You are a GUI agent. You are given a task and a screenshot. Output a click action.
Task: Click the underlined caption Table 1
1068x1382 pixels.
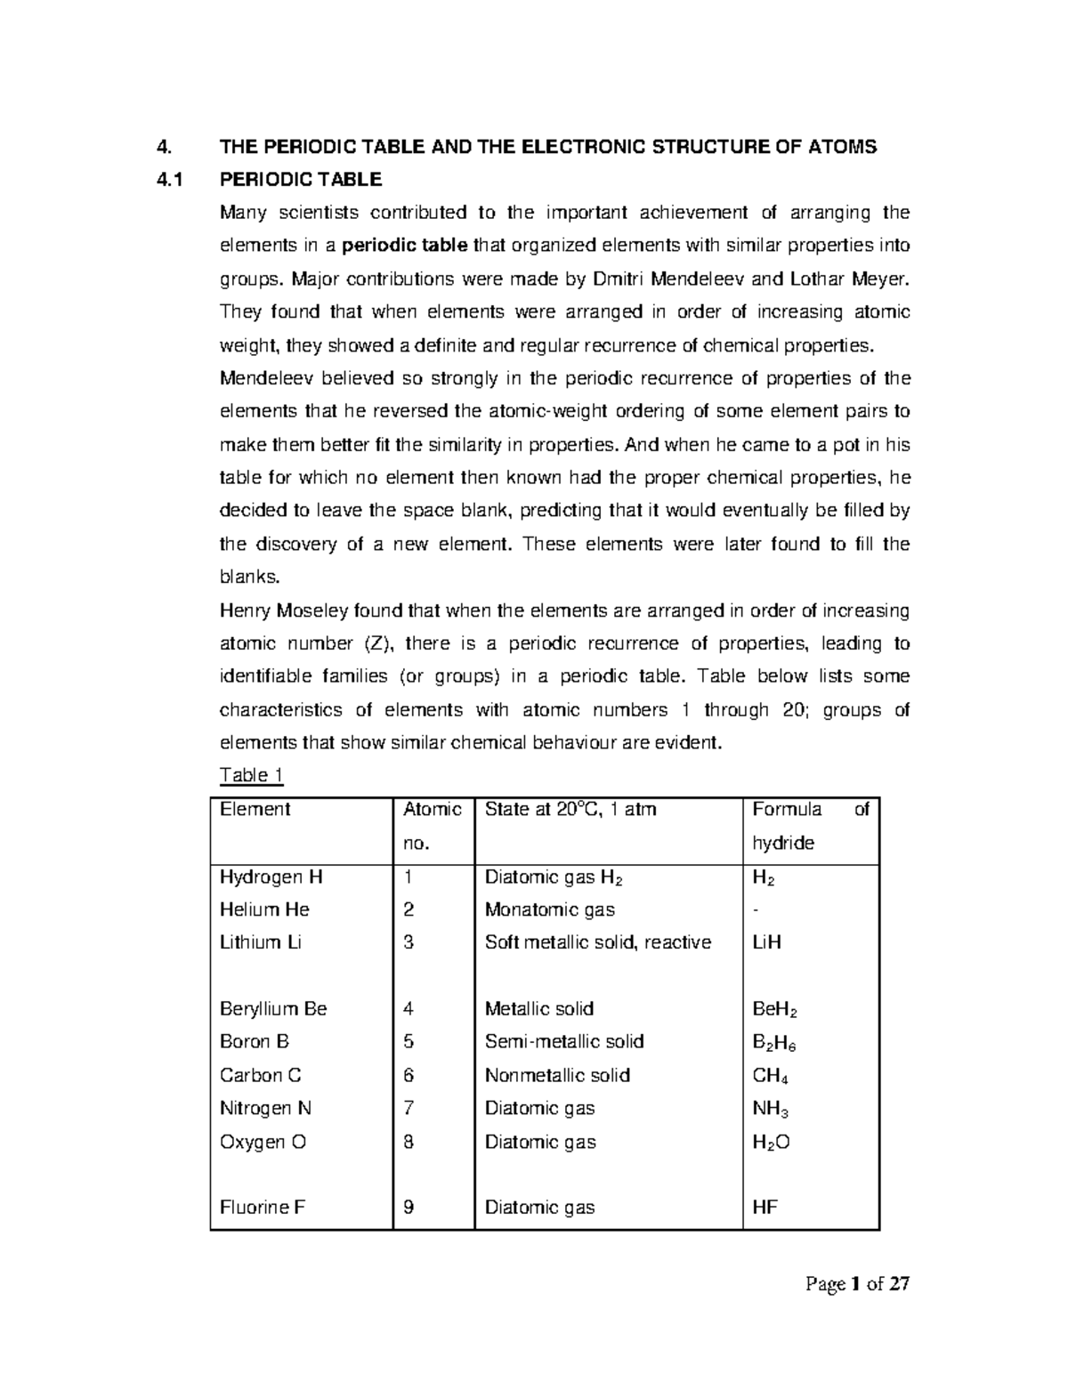[251, 775]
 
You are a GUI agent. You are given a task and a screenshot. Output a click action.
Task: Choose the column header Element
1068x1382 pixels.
[255, 809]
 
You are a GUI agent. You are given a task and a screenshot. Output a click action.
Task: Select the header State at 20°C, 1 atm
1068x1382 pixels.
[570, 809]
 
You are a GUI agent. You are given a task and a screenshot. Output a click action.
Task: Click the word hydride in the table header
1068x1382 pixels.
[783, 843]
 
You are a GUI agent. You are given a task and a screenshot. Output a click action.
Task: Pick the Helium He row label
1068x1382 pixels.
[264, 909]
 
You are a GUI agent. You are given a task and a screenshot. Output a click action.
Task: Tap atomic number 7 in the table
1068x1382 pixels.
[409, 1108]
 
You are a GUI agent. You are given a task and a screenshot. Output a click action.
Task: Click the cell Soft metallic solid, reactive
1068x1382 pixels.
[597, 942]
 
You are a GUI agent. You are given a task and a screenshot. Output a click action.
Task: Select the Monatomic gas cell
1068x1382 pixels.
[549, 909]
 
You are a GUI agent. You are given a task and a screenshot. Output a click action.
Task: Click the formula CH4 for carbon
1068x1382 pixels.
[770, 1075]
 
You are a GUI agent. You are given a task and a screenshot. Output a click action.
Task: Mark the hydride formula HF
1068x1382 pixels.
[765, 1208]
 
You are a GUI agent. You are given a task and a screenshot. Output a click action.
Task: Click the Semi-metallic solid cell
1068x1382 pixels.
[563, 1041]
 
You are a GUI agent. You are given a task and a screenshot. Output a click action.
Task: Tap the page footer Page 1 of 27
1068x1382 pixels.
[857, 1284]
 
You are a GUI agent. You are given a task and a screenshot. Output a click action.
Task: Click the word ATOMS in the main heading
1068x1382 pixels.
[843, 147]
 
